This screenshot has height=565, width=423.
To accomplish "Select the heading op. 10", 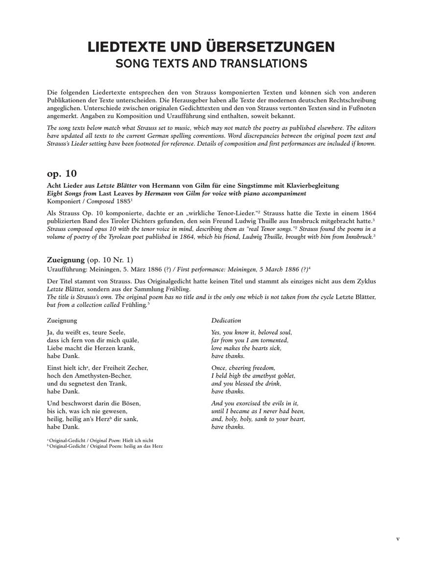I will [62, 174].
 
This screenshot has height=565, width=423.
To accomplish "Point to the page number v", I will [398, 539].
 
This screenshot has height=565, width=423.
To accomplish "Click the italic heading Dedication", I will [226, 320].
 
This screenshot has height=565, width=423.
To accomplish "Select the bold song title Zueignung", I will [66, 259].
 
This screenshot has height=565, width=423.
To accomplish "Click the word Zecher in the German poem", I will [139, 367].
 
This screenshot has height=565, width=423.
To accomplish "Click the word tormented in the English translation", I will [274, 340].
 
